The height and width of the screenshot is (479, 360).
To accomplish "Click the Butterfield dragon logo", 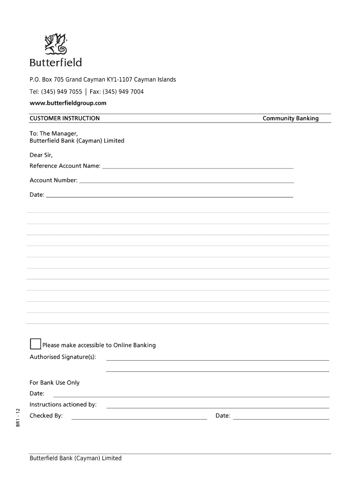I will click(x=56, y=44).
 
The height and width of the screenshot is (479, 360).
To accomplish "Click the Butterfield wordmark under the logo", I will click(x=56, y=63).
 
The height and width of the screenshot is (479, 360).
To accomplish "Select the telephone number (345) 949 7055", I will click(x=61, y=92).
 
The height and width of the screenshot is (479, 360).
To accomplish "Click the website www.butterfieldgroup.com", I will click(x=68, y=103).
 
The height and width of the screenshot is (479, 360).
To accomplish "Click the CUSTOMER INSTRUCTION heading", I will click(x=65, y=118).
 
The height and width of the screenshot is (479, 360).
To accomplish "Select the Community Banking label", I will click(x=290, y=118).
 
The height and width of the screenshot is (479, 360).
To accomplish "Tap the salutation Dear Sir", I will click(x=41, y=155).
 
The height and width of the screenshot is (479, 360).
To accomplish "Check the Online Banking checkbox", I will click(x=35, y=344).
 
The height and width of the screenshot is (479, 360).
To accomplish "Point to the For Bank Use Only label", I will click(x=55, y=383).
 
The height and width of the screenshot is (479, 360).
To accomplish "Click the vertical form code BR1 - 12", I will click(x=18, y=417).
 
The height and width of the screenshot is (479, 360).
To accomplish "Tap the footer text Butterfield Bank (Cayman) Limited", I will click(x=75, y=458).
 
